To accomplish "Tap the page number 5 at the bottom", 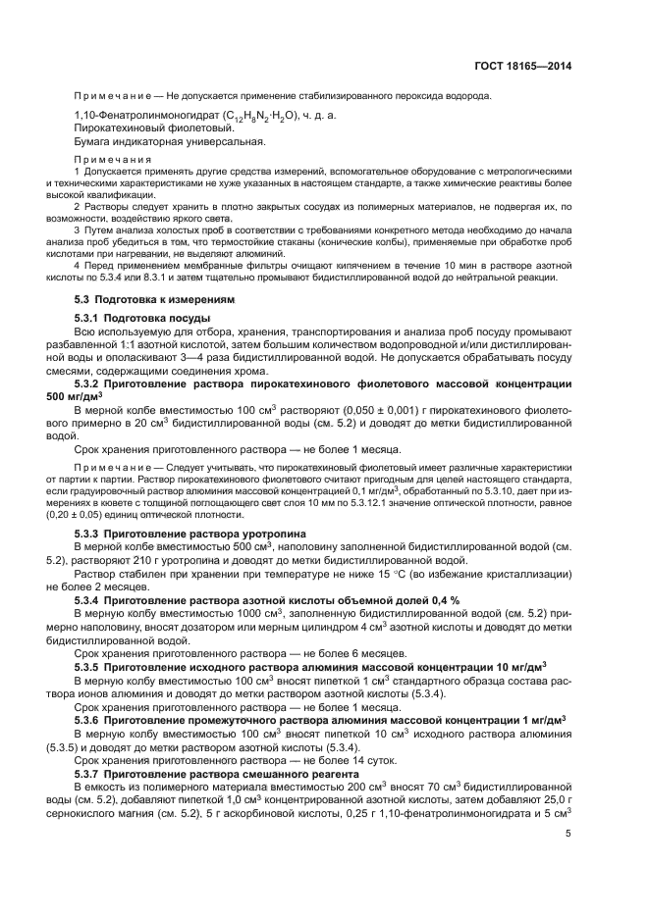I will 568,835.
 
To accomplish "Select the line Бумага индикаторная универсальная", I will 156,142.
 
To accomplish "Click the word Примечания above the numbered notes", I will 113,159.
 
